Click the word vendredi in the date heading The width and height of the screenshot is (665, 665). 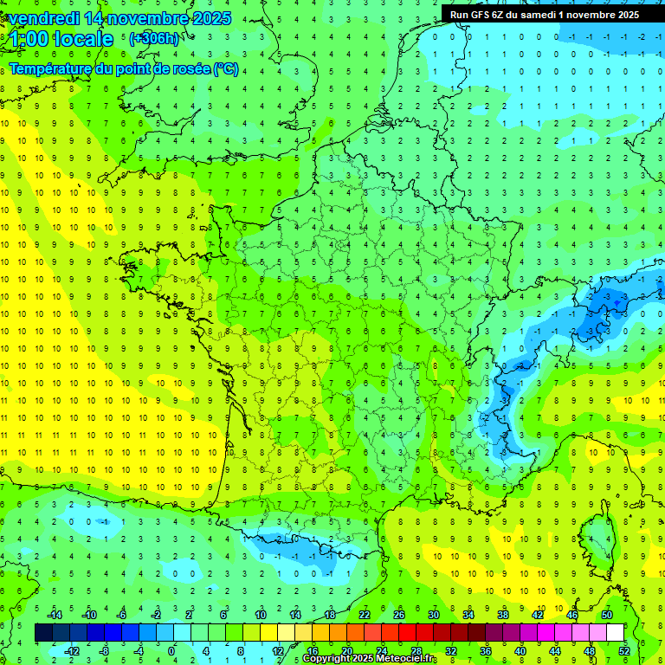click(41, 18)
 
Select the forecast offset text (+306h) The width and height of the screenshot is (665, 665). click(154, 38)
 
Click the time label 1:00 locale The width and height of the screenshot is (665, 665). click(61, 39)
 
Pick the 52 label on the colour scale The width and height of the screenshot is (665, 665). click(624, 650)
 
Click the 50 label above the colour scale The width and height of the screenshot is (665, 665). click(607, 614)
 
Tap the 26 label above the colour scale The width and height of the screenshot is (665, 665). click(399, 614)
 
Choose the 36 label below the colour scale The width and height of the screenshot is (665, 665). click(486, 650)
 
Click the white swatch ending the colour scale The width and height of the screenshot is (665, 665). click(616, 632)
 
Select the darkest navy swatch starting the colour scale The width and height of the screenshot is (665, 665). click(43, 632)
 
